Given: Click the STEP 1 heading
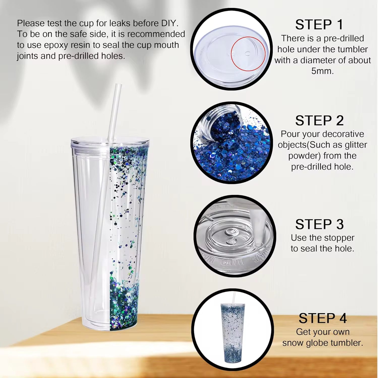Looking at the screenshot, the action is click(x=319, y=25).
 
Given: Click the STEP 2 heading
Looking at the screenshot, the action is click(x=319, y=120).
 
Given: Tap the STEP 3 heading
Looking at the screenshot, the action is click(x=319, y=224).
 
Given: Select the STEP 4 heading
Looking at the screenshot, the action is click(x=323, y=318).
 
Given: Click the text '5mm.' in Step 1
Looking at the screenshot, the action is click(x=323, y=71).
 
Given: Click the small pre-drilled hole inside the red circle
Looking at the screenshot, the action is click(x=248, y=53).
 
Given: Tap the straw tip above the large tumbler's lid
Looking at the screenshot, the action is click(x=118, y=85).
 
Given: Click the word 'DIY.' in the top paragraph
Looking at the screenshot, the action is click(x=170, y=23).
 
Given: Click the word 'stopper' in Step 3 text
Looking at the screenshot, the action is click(x=340, y=238).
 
